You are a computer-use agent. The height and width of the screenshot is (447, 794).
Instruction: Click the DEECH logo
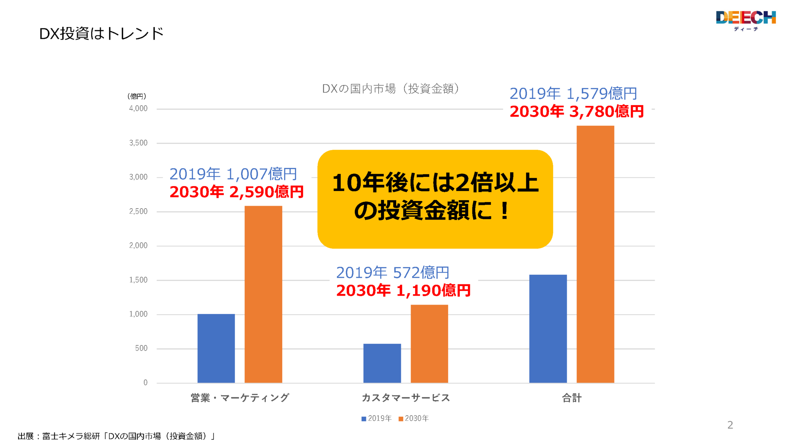coord(746,20)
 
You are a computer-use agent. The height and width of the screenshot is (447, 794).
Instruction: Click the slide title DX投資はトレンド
coord(101,34)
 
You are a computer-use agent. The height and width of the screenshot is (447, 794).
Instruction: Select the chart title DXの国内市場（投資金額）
coord(390,89)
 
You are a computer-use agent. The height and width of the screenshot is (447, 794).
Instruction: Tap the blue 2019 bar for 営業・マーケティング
coord(216,348)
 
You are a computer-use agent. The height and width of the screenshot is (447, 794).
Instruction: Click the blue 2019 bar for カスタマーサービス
coord(382,363)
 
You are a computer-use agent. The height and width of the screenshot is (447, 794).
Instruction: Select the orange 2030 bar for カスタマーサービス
coord(429,344)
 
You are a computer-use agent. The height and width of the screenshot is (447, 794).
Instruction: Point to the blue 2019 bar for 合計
coord(548,329)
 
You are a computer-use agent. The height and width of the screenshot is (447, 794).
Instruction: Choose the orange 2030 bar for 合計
coord(595,254)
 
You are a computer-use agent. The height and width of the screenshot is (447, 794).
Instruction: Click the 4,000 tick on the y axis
coord(138,109)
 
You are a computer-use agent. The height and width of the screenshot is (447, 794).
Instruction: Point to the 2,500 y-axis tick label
coord(138,211)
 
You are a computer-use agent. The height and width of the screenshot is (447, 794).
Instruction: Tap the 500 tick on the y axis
coord(141,348)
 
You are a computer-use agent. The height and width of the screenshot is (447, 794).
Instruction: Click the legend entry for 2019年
coord(376,418)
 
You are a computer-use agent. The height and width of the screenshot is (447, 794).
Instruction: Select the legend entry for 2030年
coord(414,418)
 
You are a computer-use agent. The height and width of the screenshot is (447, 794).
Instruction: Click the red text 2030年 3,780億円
coord(577,112)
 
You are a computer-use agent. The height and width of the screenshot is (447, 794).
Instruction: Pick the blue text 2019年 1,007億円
coord(233,174)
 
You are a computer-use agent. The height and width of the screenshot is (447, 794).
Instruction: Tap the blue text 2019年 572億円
coord(392,272)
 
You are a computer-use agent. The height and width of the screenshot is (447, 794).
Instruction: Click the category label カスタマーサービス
coord(406,398)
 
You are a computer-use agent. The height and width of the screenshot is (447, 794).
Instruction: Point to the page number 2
coord(730,425)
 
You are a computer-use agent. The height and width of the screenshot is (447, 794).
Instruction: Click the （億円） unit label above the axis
coord(137,96)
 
